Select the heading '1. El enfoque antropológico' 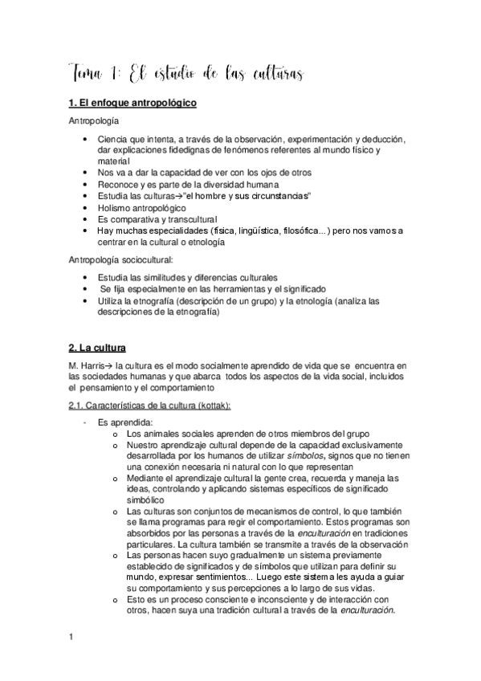pyautogui.click(x=132, y=104)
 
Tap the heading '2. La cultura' pyautogui.click(x=97, y=349)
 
